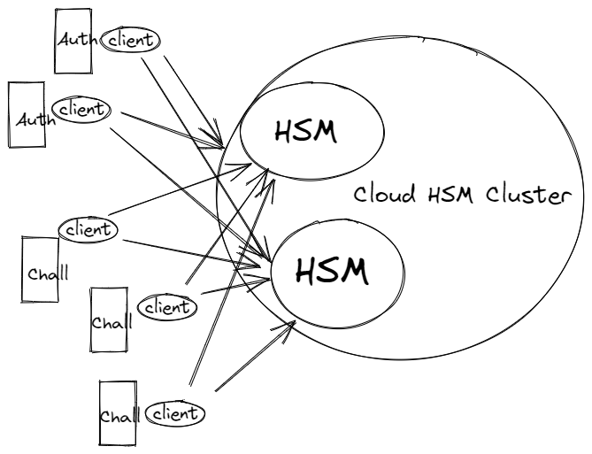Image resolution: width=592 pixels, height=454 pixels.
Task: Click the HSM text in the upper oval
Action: pyautogui.click(x=305, y=132)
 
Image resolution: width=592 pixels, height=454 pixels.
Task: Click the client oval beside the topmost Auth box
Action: pyautogui.click(x=130, y=39)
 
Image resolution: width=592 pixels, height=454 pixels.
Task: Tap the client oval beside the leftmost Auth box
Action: pyautogui.click(x=81, y=109)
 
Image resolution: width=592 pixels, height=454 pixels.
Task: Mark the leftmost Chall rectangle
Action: pyautogui.click(x=39, y=269)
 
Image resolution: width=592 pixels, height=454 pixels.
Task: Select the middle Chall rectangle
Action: pyautogui.click(x=109, y=319)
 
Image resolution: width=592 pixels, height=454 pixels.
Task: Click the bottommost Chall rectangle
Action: pyautogui.click(x=117, y=413)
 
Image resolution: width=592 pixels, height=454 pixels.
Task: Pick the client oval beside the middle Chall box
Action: pyautogui.click(x=167, y=307)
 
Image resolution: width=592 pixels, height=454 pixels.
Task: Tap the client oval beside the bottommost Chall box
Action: pyautogui.click(x=175, y=412)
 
